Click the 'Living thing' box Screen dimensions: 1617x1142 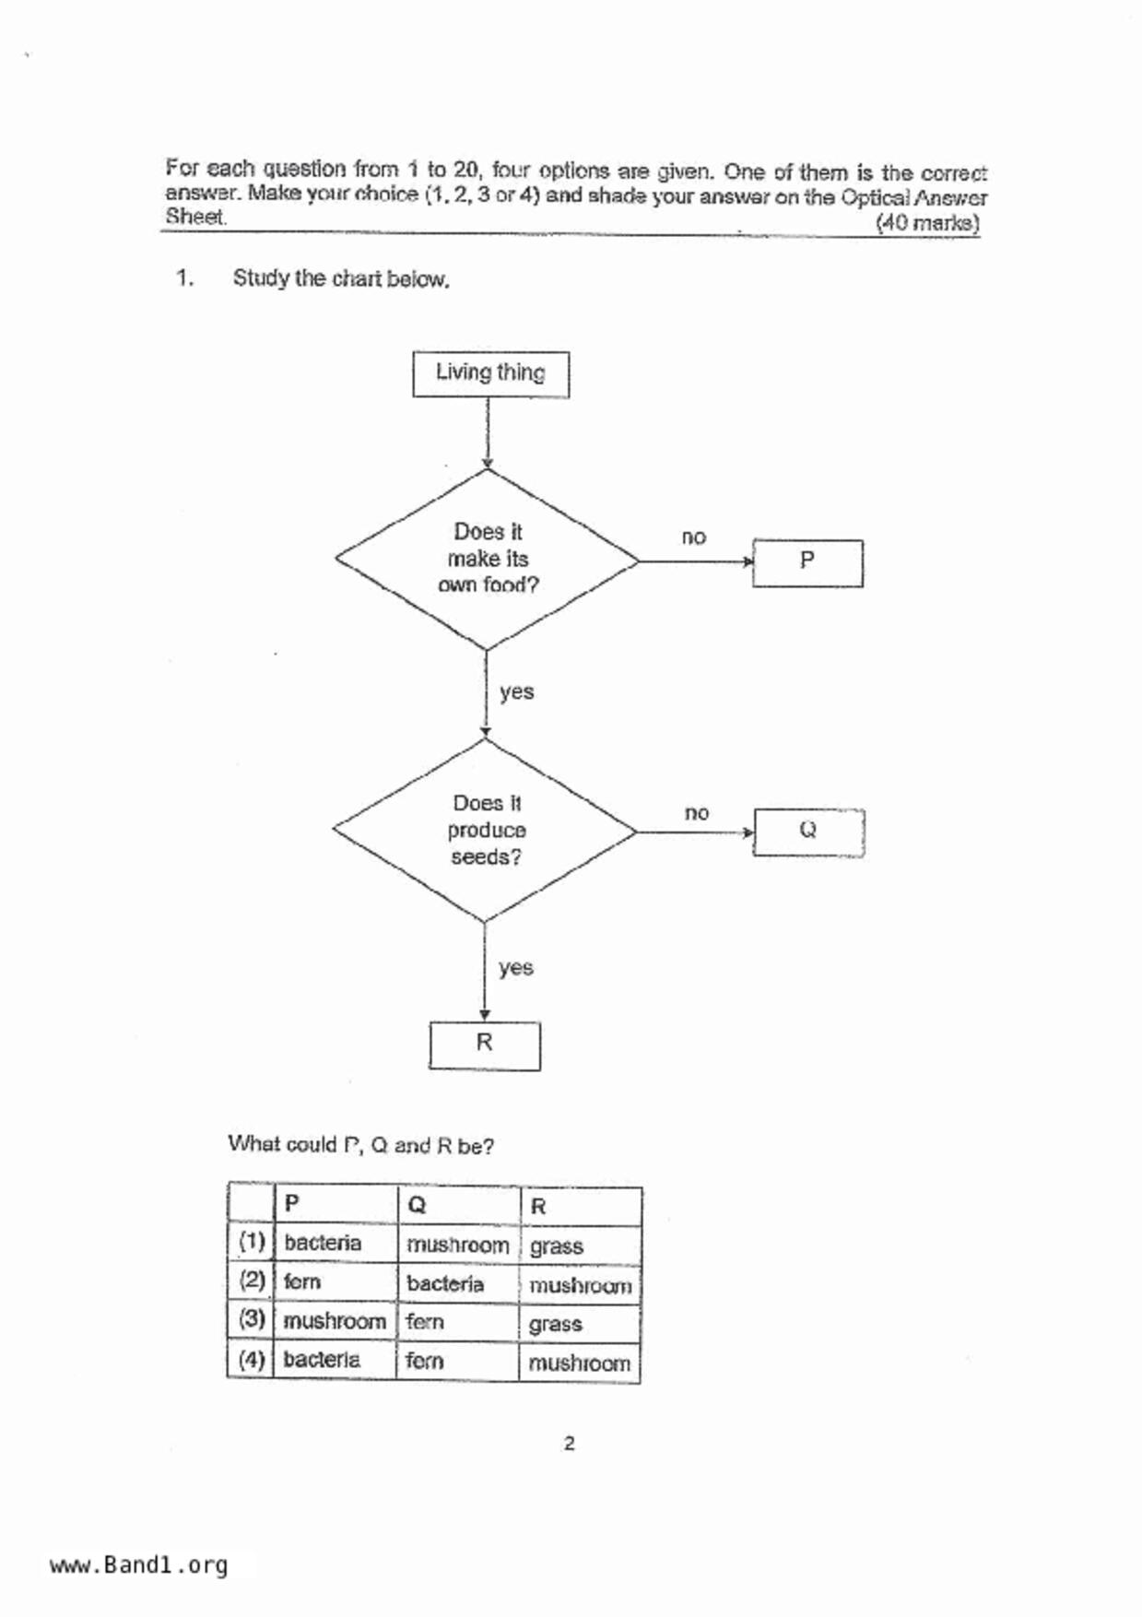click(490, 373)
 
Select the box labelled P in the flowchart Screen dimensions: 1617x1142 click(807, 562)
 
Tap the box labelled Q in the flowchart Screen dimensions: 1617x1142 click(808, 832)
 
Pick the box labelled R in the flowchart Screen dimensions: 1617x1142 click(485, 1045)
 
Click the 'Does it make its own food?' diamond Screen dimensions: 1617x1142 click(488, 559)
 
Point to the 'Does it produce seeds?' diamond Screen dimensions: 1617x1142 click(486, 830)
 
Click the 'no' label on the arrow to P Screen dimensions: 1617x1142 click(694, 537)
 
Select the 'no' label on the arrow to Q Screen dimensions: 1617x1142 click(697, 813)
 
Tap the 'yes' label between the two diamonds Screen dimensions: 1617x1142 click(516, 692)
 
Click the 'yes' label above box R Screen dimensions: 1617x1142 click(516, 968)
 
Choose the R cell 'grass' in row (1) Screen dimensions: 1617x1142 click(557, 1246)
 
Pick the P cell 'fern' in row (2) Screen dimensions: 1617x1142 click(302, 1282)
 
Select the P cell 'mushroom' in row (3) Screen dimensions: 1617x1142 click(335, 1321)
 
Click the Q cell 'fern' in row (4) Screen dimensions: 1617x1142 click(425, 1361)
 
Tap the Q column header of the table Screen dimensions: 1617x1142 click(417, 1205)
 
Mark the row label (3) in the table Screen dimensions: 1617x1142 click(252, 1319)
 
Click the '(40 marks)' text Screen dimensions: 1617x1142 click(926, 222)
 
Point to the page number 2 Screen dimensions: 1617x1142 click(569, 1444)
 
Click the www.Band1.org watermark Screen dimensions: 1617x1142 click(139, 1564)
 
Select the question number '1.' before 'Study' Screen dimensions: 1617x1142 click(184, 277)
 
